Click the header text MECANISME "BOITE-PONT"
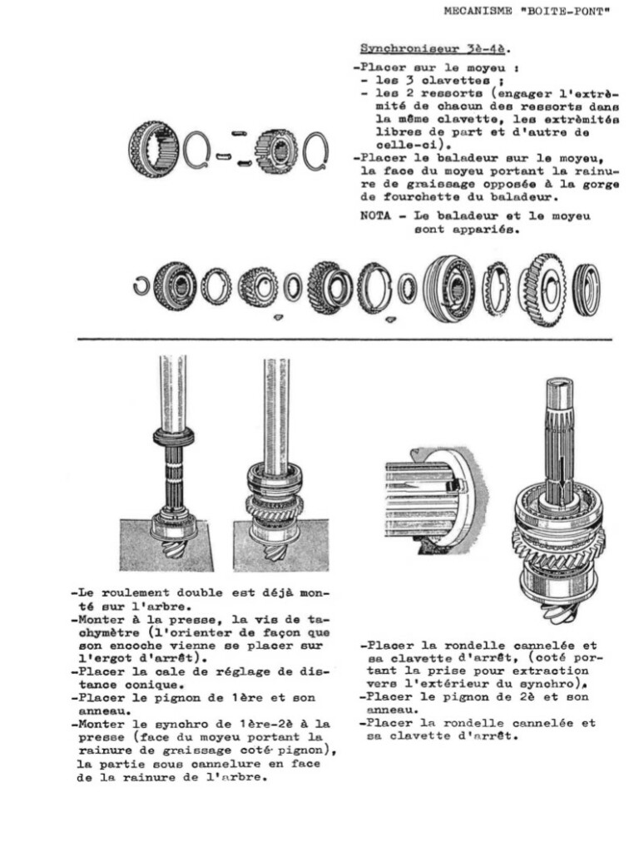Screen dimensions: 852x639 pyautogui.click(x=528, y=12)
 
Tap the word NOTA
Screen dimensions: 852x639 pyautogui.click(x=374, y=216)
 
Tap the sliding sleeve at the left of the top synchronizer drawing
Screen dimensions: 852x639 pyautogui.click(x=154, y=150)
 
